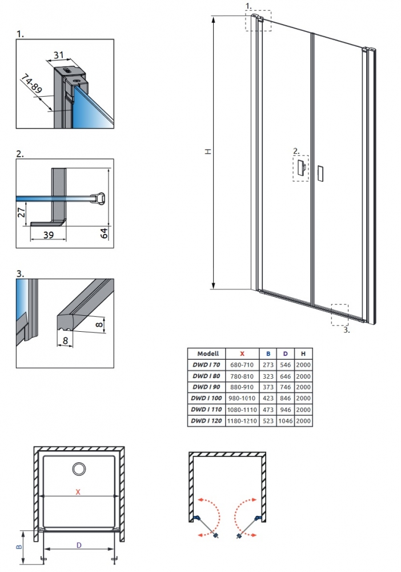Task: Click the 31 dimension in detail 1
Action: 59,55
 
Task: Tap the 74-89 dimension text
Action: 31,84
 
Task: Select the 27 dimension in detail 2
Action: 22,212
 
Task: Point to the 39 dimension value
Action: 49,235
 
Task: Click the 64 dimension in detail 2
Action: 104,233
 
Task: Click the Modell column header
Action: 208,353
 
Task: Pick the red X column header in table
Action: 242,353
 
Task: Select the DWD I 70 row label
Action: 207,364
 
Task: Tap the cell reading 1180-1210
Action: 242,420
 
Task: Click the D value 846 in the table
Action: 285,398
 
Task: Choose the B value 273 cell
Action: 268,364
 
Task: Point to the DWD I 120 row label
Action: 207,420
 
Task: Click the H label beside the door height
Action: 208,152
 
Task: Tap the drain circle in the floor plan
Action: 79,469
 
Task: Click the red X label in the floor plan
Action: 78,492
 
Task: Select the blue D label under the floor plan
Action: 79,545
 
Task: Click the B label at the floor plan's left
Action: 19,547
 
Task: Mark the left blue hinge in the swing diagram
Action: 197,518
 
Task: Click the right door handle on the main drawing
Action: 320,173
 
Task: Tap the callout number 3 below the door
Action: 346,330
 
